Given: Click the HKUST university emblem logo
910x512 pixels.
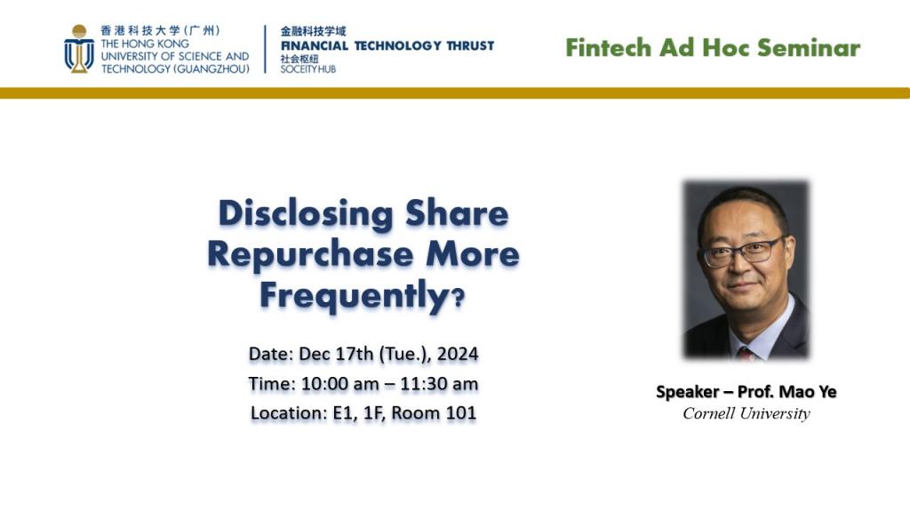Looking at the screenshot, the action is coord(79,49).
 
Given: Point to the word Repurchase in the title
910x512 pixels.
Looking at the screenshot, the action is coord(310,255).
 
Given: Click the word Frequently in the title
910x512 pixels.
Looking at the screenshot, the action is coord(353,295).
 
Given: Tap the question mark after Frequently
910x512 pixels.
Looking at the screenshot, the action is coord(458,299).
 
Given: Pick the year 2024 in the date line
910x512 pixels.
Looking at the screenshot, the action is coord(458,354).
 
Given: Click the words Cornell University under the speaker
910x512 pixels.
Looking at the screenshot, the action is coord(746,413).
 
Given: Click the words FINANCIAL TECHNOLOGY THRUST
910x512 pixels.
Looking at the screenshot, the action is coord(387,46).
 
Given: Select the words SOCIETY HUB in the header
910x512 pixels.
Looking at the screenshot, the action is coord(307,69).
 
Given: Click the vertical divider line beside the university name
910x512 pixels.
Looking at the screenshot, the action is coord(265,49).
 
